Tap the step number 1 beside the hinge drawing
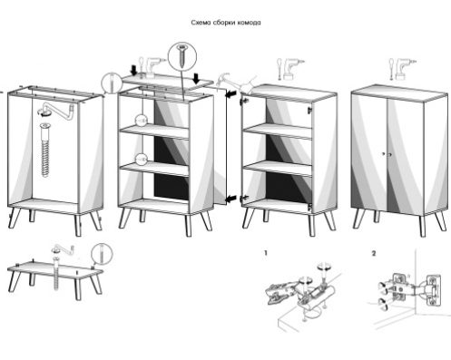tap(266, 253)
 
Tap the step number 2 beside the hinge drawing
tap(374, 253)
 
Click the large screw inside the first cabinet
tap(45, 150)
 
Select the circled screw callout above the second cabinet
tap(182, 56)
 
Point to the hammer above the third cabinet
tap(225, 80)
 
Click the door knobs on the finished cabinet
tap(387, 154)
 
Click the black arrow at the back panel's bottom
tap(230, 199)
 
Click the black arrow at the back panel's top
tap(230, 94)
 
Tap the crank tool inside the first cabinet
tap(56, 111)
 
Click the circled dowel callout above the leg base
tap(102, 253)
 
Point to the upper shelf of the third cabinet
tap(278, 131)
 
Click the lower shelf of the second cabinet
tap(154, 169)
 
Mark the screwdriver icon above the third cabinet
tap(279, 69)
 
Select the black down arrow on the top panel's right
tap(197, 78)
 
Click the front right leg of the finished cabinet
tap(422, 226)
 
